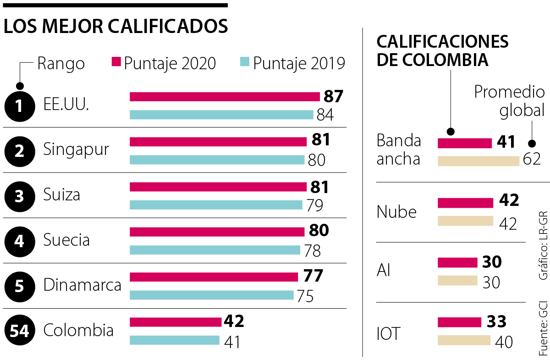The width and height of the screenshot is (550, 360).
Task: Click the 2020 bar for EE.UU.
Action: [225, 97]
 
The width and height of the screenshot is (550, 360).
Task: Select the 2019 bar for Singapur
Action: [217, 160]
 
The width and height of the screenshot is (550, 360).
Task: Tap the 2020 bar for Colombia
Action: [176, 322]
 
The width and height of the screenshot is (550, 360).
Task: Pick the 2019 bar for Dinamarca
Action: [211, 295]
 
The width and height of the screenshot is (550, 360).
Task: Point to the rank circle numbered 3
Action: [19, 196]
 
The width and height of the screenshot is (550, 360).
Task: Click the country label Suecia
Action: [66, 239]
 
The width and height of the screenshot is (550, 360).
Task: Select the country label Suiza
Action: [61, 195]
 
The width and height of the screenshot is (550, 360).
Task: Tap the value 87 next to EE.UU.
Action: [333, 97]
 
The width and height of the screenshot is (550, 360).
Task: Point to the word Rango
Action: [61, 63]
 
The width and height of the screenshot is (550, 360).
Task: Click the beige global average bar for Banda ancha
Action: [478, 161]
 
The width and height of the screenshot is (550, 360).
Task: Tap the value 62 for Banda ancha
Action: [532, 159]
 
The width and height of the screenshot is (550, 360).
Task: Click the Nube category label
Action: [396, 212]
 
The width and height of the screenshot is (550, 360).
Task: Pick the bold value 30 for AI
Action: [492, 262]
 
